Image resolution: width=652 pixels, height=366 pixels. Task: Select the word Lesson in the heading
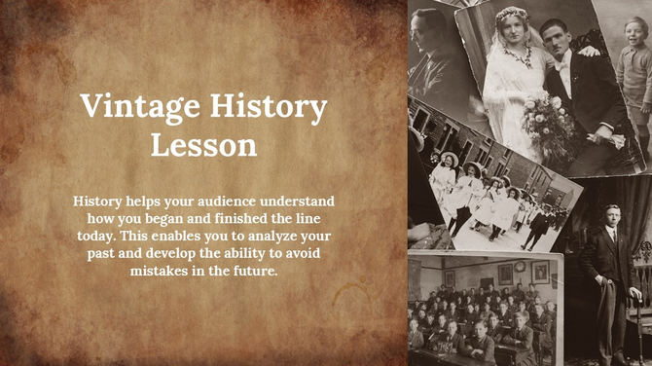tap(203, 145)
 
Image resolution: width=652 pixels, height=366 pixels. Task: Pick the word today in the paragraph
tap(97, 236)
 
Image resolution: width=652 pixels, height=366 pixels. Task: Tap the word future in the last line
tap(255, 271)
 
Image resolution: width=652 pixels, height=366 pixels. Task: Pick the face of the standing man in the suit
tap(610, 216)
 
